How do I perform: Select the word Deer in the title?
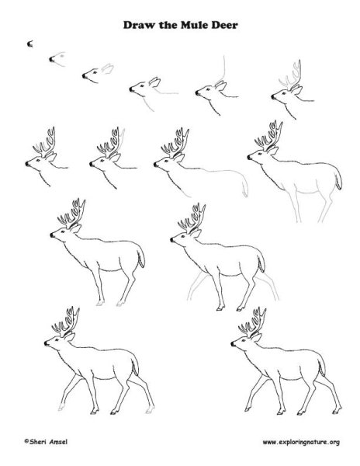click(x=224, y=25)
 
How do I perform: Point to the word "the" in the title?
click(x=168, y=25)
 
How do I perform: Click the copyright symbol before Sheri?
click(x=26, y=441)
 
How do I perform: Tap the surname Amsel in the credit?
click(x=58, y=442)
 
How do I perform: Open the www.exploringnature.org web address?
click(x=301, y=443)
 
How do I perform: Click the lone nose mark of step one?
click(x=29, y=44)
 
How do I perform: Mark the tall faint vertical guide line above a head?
click(x=223, y=69)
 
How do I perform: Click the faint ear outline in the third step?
click(x=107, y=68)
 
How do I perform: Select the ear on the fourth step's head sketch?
click(x=155, y=82)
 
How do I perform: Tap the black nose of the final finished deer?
click(x=233, y=344)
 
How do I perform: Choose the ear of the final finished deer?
click(x=256, y=337)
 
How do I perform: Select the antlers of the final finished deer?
click(x=252, y=322)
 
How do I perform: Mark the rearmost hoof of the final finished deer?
click(x=336, y=411)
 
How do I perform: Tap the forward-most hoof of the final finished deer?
click(x=247, y=410)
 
